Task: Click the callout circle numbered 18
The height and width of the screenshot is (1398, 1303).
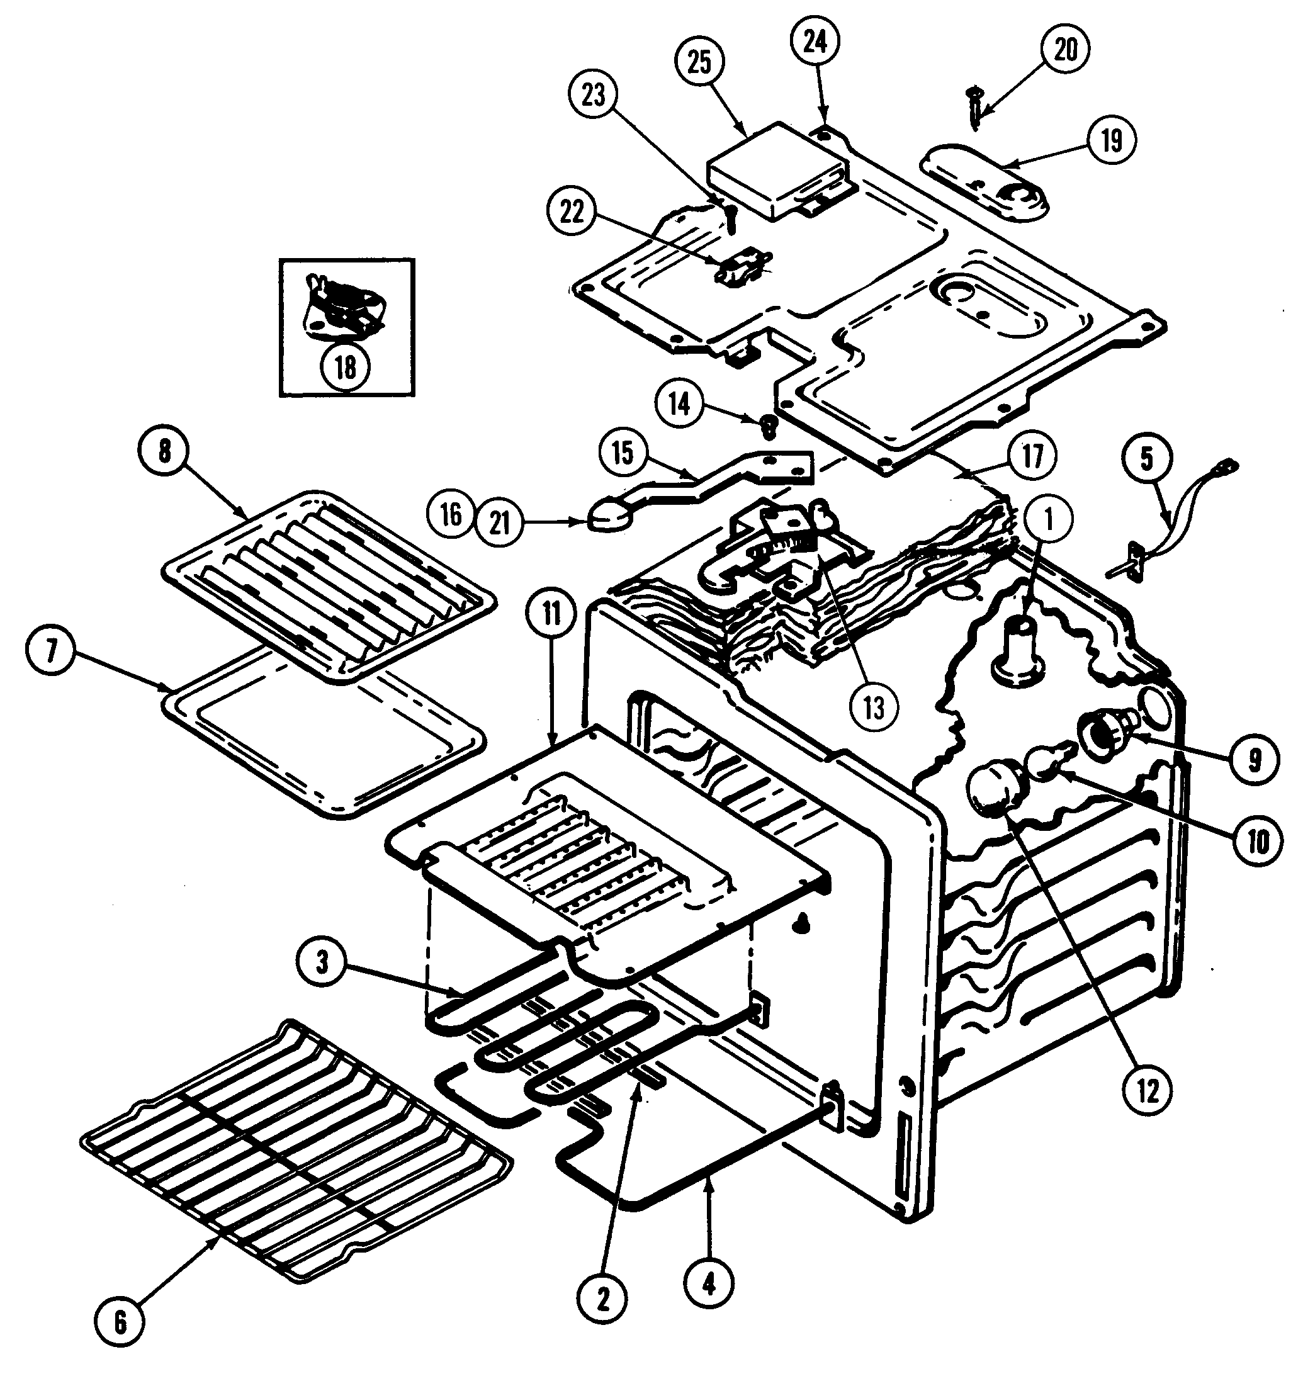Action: click(x=345, y=366)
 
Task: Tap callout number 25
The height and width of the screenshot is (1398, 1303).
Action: click(x=699, y=62)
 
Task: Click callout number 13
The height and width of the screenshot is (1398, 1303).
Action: click(x=872, y=708)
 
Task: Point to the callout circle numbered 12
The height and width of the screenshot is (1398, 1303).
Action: click(x=1147, y=1091)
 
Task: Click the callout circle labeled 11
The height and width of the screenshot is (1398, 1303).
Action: click(x=551, y=614)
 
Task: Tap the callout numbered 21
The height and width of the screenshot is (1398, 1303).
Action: click(x=499, y=522)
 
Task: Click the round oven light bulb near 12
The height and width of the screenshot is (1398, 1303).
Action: click(x=995, y=791)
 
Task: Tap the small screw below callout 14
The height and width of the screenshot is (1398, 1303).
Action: click(x=769, y=425)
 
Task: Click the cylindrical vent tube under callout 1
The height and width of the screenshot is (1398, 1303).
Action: click(x=1016, y=647)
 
